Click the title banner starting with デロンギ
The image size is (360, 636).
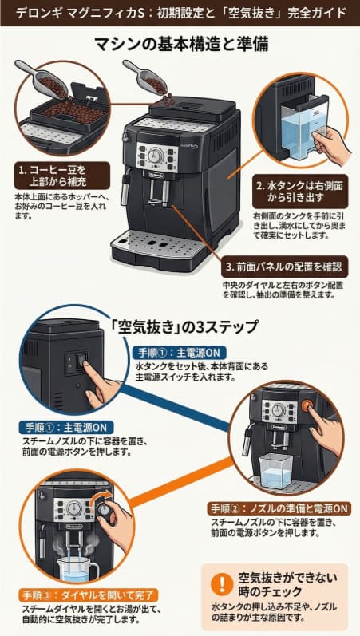180,14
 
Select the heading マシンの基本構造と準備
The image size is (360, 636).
180,45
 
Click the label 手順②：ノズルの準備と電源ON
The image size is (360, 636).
279,508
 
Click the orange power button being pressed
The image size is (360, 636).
307,405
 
